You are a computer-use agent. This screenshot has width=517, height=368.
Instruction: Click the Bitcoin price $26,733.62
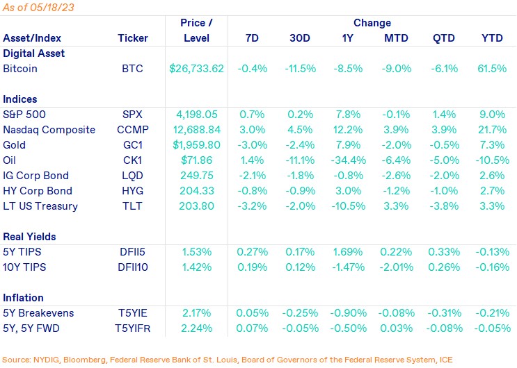point(196,69)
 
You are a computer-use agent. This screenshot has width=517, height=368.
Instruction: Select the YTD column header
point(493,37)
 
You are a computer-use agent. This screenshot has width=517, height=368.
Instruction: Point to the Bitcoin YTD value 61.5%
point(493,69)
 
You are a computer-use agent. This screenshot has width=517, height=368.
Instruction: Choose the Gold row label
point(15,145)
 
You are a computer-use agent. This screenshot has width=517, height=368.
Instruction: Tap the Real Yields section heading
point(29,237)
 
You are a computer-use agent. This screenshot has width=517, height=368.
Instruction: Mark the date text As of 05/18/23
point(39,7)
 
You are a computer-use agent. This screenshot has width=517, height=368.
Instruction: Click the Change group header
point(372,23)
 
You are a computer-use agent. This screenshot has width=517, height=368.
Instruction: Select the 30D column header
point(300,37)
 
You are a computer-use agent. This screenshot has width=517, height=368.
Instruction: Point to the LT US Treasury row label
point(40,206)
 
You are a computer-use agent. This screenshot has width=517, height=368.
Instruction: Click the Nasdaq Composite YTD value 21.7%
point(493,130)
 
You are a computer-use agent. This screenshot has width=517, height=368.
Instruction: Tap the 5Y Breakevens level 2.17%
point(196,313)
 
